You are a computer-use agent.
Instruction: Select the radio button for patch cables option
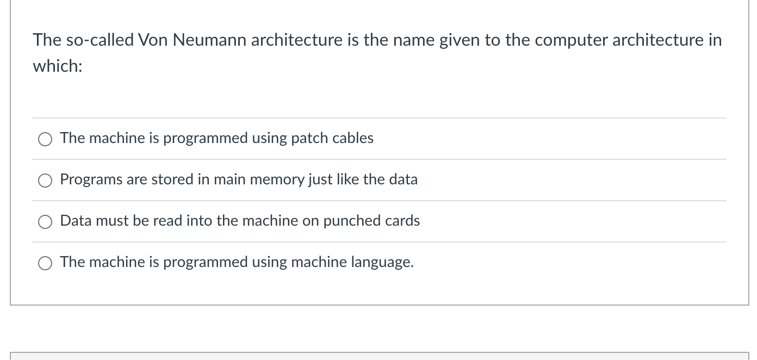(45, 139)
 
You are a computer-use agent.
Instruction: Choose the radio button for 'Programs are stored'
(45, 181)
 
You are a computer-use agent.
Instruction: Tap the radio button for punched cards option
(45, 222)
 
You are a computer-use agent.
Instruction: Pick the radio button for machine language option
(45, 263)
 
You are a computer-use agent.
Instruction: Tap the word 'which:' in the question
(58, 66)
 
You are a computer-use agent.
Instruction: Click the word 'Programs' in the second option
(91, 179)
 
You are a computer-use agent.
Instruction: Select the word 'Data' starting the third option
(75, 221)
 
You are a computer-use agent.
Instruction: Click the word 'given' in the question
(463, 40)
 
